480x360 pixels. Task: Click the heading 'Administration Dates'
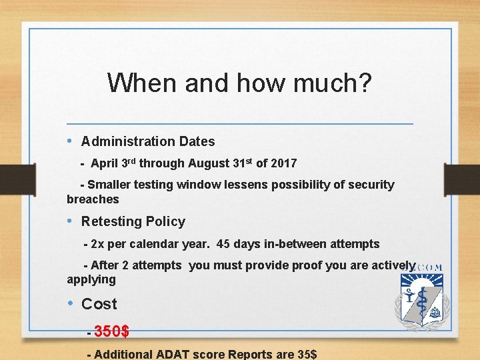(x=148, y=141)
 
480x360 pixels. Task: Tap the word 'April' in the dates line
(x=105, y=163)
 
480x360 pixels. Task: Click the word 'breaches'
(x=93, y=199)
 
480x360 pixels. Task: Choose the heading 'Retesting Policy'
(x=133, y=221)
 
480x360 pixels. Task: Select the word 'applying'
(x=91, y=279)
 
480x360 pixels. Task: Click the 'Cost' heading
(x=99, y=304)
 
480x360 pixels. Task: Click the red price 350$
(x=112, y=331)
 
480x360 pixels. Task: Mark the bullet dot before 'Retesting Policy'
(x=71, y=221)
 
